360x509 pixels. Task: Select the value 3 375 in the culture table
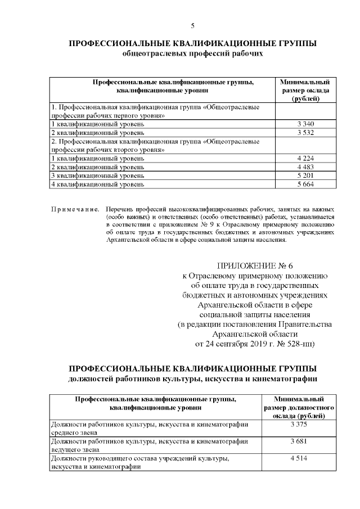coord(299,424)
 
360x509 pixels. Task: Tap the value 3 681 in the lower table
coord(299,442)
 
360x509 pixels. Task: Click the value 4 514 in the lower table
coord(299,459)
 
